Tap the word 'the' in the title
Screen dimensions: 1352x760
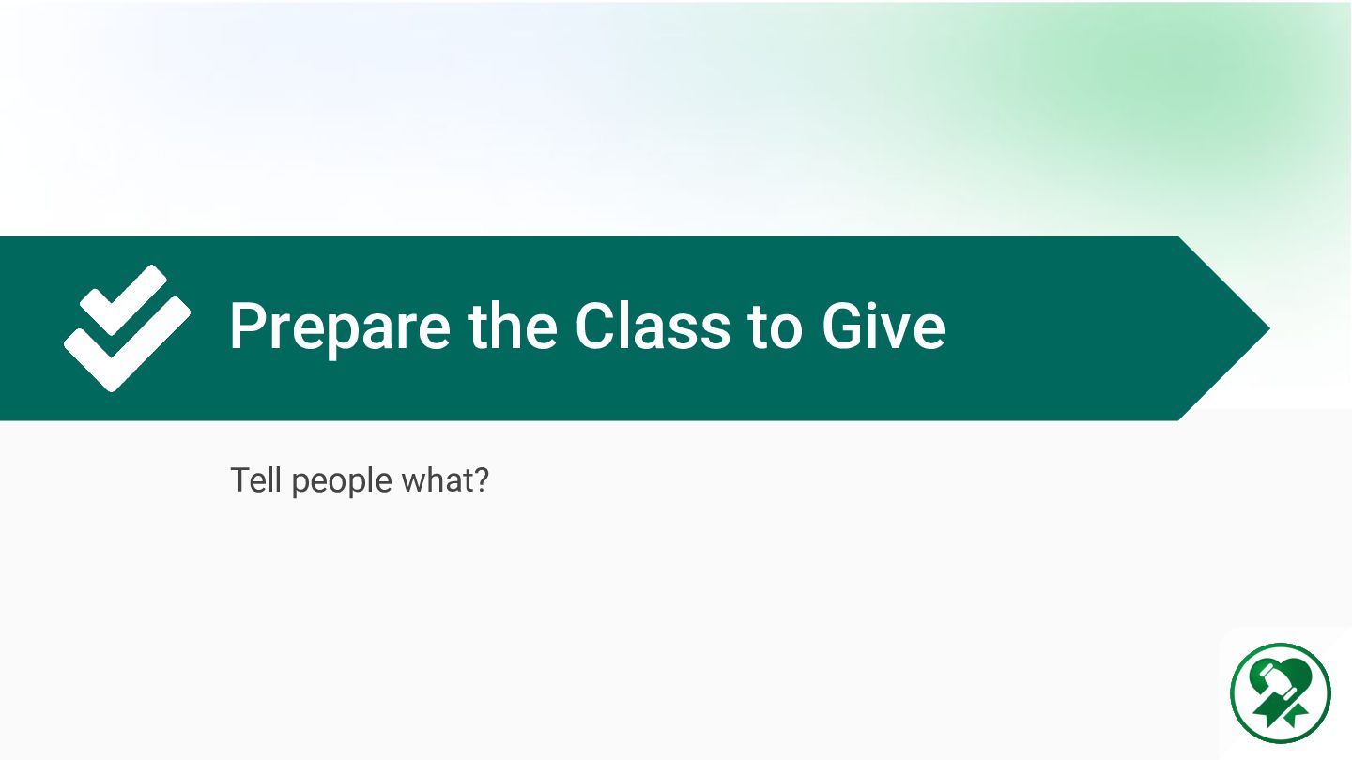(512, 326)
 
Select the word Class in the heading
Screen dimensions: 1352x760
(653, 326)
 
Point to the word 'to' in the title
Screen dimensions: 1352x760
(775, 327)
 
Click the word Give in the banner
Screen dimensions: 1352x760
(883, 326)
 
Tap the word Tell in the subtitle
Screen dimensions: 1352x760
(256, 480)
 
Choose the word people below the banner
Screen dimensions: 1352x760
(342, 482)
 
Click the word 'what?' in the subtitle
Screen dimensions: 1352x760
(445, 480)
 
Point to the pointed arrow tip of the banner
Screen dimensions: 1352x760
(1270, 328)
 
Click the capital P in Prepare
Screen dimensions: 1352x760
(248, 326)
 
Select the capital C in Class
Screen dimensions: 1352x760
(595, 326)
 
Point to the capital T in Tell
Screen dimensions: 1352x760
(239, 480)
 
